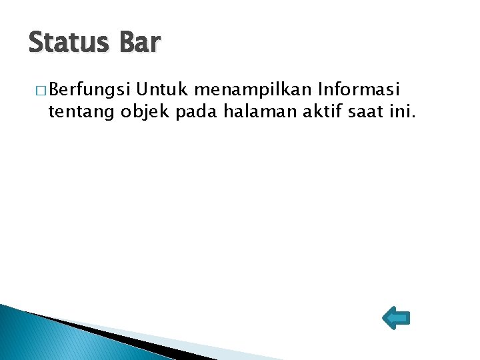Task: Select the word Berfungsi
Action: (x=90, y=89)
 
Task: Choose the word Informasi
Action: (x=361, y=89)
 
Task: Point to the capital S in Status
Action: (x=37, y=43)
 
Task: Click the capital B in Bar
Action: (x=127, y=43)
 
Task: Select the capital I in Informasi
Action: (x=322, y=89)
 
